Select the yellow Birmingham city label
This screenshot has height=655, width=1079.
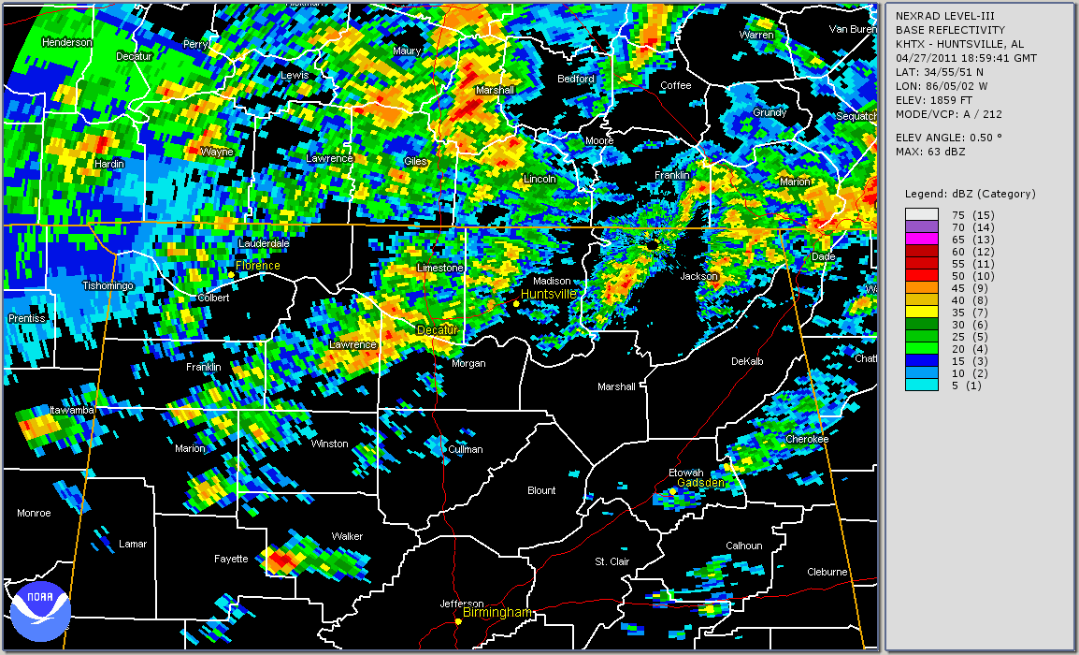coord(496,613)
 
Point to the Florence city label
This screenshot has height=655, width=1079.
coord(257,266)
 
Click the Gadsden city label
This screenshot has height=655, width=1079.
coord(700,483)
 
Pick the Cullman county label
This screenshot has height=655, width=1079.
coord(465,449)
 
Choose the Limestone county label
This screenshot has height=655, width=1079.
coord(439,269)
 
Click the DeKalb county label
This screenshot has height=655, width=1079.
coord(747,361)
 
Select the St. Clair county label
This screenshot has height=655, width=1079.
coord(613,562)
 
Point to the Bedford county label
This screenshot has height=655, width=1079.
coord(575,80)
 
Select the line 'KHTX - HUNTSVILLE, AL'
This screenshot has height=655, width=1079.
coord(959,44)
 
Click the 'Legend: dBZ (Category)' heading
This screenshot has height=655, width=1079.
coord(970,194)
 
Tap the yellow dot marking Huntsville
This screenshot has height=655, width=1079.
coord(516,303)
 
